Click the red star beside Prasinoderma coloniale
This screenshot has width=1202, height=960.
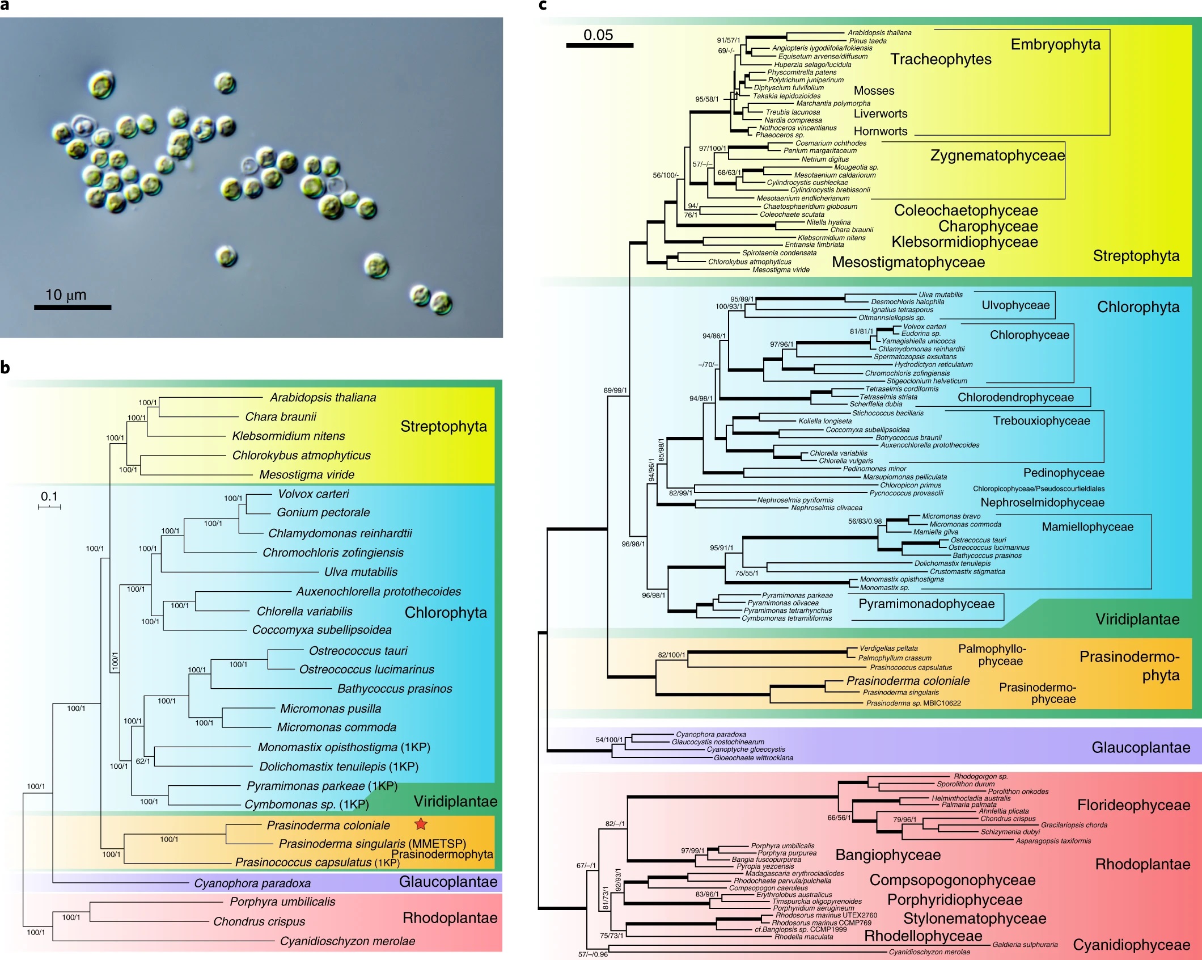(421, 824)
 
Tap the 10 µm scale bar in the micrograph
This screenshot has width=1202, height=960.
(73, 307)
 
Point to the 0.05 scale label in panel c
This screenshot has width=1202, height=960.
(598, 35)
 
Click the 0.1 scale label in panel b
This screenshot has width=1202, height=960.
(49, 496)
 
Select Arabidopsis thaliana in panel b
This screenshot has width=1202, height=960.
(323, 397)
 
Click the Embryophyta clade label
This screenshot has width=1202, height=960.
(1055, 45)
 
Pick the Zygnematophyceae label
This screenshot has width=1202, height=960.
(997, 155)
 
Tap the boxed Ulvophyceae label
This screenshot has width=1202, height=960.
(1015, 305)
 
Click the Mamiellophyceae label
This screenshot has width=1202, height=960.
(1087, 527)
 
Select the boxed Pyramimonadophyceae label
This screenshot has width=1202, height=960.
(926, 604)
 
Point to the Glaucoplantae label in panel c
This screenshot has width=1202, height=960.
(1140, 747)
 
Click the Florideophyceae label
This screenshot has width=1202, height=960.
(1133, 805)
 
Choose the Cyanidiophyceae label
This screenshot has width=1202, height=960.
(1131, 945)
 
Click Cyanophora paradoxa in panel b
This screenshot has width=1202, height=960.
(252, 883)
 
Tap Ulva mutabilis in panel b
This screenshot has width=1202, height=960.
(361, 572)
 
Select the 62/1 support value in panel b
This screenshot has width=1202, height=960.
(143, 761)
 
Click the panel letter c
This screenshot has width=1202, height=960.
(543, 5)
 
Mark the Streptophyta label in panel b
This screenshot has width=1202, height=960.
(443, 426)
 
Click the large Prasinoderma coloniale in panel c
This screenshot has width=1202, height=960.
(908, 681)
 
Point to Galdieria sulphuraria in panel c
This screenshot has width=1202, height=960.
(1025, 945)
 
